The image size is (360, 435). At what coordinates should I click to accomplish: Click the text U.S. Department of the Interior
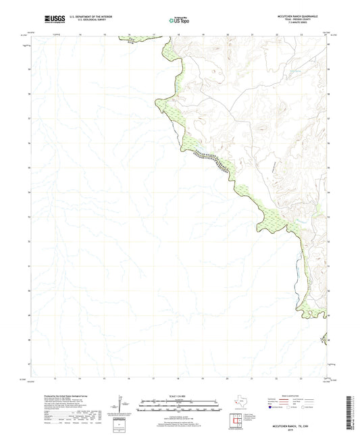point(85,18)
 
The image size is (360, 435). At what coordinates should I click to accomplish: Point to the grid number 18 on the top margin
point(178,34)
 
